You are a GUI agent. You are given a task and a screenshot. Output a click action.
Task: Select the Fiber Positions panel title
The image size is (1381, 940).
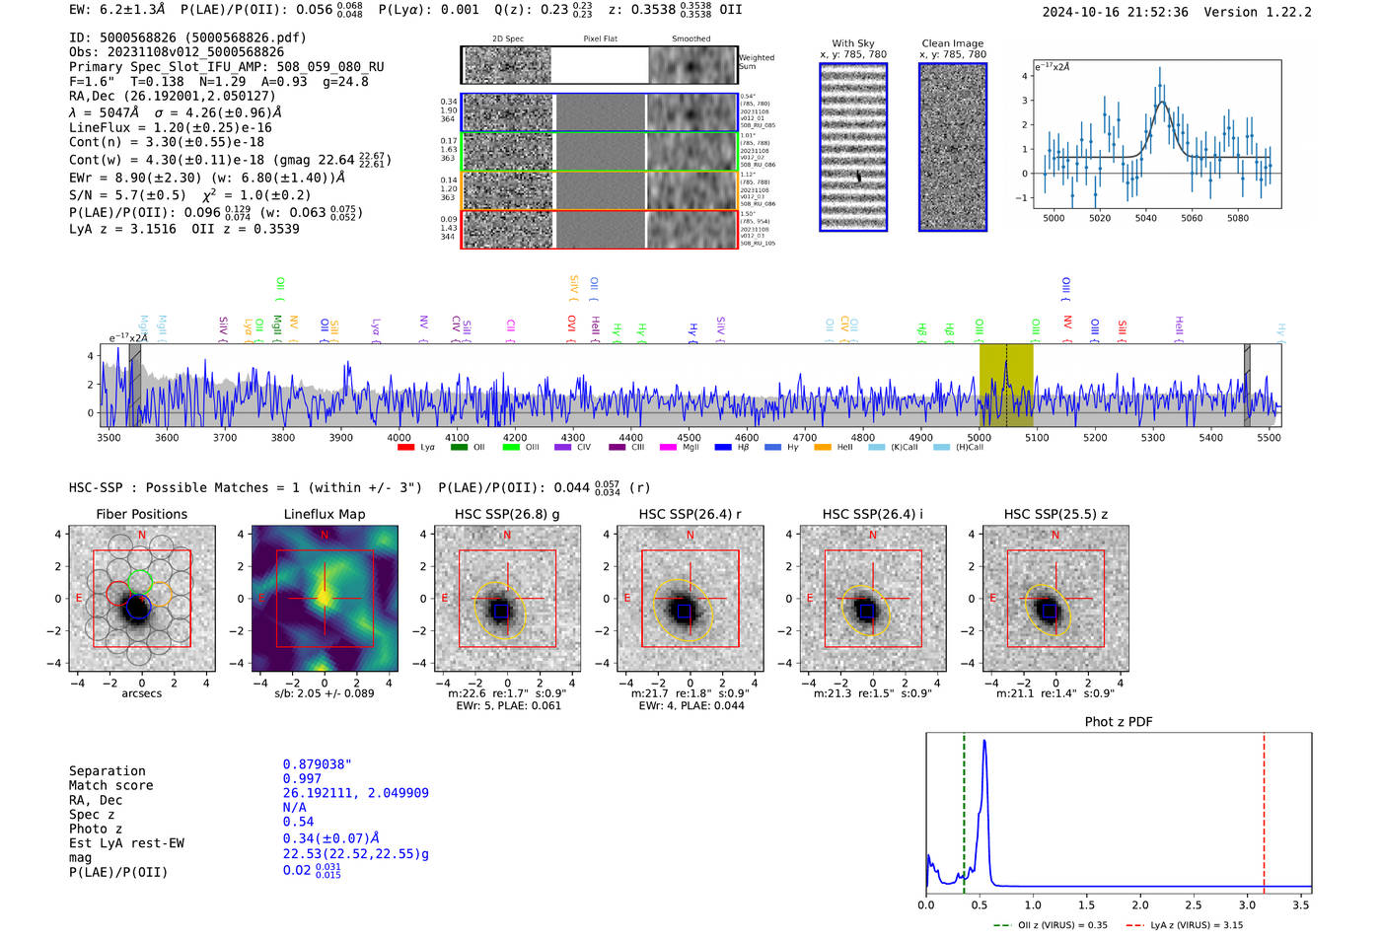tap(141, 514)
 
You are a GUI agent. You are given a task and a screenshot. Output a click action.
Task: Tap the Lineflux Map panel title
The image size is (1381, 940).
tap(324, 514)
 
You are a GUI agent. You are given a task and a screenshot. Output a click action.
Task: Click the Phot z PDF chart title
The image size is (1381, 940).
tap(1119, 722)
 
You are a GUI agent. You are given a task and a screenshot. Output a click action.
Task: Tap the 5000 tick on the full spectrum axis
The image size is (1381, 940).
tap(979, 438)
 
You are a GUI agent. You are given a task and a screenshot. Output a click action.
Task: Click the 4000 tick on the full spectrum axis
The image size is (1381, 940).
tap(399, 438)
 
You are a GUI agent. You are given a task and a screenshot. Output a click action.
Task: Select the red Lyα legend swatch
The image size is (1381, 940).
tap(405, 448)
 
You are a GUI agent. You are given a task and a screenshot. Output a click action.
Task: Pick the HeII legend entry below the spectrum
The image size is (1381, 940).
tap(823, 448)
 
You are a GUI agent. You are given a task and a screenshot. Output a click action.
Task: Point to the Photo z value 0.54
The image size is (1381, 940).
tap(298, 822)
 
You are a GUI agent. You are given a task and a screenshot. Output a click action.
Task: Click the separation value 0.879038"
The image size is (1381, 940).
tap(317, 764)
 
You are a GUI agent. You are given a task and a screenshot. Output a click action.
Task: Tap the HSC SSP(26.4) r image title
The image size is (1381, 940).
tap(690, 514)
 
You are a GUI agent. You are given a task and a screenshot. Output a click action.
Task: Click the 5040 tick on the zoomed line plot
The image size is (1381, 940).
tap(1145, 218)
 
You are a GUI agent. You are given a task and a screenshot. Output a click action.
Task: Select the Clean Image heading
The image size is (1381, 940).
tap(952, 43)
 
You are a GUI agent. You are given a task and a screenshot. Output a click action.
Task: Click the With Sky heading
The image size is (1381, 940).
tap(852, 43)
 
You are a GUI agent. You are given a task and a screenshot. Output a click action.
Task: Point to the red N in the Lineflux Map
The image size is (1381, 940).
tap(325, 536)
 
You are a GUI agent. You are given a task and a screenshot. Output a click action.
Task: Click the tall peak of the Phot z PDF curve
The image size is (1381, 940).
tap(983, 741)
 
